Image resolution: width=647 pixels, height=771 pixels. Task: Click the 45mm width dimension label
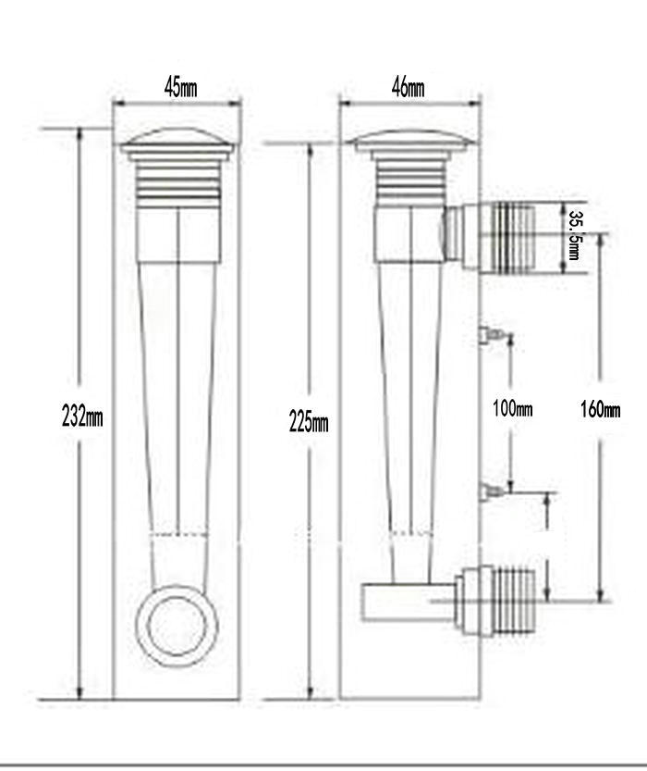(x=180, y=88)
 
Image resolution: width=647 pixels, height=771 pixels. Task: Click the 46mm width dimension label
(x=408, y=88)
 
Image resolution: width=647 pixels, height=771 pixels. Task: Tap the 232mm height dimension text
(x=82, y=416)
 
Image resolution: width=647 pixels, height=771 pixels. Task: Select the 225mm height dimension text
(x=309, y=422)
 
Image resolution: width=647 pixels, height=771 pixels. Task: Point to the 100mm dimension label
(x=512, y=408)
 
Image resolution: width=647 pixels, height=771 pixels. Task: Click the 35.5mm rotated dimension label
(x=574, y=235)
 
